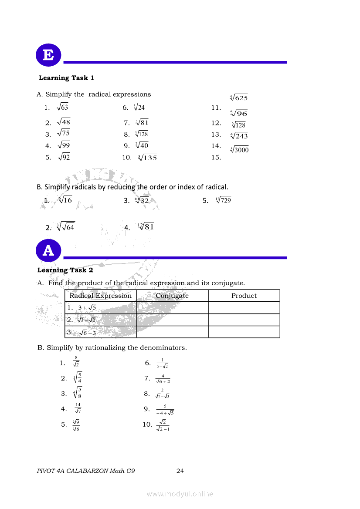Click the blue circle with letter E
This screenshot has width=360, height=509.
(48, 56)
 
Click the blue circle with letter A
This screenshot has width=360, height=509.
(48, 250)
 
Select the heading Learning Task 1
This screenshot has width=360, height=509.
(66, 78)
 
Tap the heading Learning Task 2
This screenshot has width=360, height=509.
(65, 270)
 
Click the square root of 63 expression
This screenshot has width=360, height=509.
(62, 107)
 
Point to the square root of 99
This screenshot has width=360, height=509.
(64, 145)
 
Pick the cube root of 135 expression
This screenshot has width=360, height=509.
(147, 158)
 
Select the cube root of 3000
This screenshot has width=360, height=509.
(239, 150)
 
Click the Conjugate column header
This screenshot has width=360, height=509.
(172, 296)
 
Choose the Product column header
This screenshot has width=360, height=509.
(244, 296)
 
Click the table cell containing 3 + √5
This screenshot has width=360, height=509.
(100, 308)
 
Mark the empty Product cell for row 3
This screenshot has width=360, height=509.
(244, 332)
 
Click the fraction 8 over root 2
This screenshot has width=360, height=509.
(76, 362)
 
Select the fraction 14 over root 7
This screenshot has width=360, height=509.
(78, 408)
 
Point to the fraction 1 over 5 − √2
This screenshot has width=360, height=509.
(162, 363)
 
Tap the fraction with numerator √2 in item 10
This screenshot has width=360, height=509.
(163, 425)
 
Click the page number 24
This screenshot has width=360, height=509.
(180, 470)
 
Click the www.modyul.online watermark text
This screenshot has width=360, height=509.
(180, 494)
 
